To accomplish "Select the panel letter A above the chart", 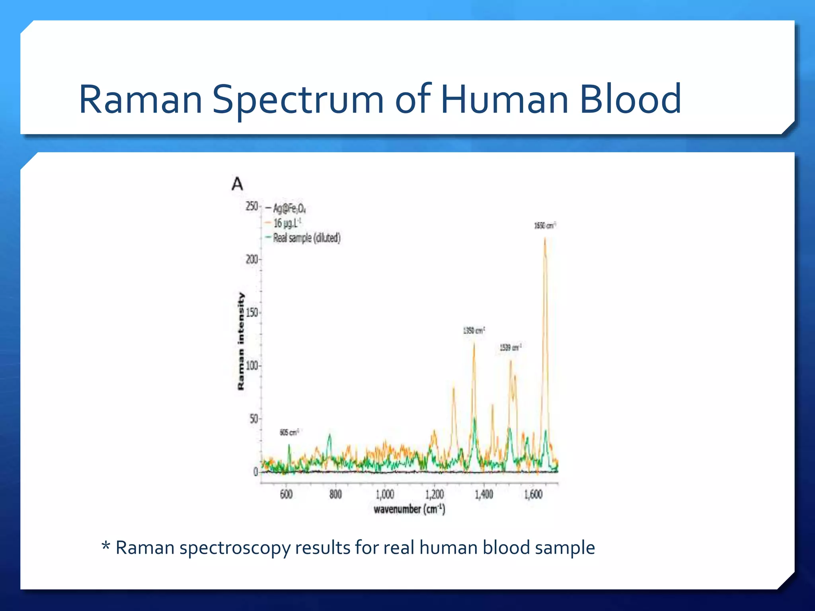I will click(x=237, y=184).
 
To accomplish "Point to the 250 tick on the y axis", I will click(x=252, y=206).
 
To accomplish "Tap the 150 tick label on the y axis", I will click(x=252, y=313).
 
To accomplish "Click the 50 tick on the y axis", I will click(x=253, y=419).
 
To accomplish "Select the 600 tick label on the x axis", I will click(x=286, y=494).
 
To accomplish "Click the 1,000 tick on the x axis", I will click(x=385, y=494).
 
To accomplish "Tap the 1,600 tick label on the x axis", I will click(x=533, y=494).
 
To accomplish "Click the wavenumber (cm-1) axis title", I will click(x=409, y=509).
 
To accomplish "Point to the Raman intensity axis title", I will click(x=241, y=341).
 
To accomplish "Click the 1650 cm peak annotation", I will click(x=544, y=226).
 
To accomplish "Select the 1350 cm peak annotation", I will click(x=474, y=331).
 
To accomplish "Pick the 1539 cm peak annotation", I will click(x=510, y=348).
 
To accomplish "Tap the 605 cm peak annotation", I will click(x=289, y=432).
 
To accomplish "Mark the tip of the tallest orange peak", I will click(x=545, y=238).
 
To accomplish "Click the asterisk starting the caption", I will click(x=106, y=546).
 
